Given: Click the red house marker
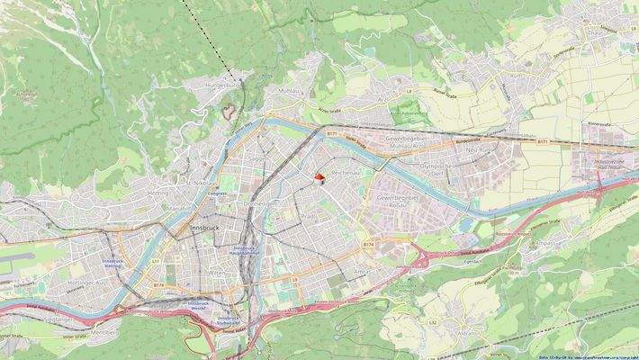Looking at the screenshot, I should point(319,178).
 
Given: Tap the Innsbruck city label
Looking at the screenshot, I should point(205,229).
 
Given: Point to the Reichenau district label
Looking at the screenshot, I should point(346,170).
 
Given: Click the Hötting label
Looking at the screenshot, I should point(159,193).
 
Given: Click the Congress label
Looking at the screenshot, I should point(218,193).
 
